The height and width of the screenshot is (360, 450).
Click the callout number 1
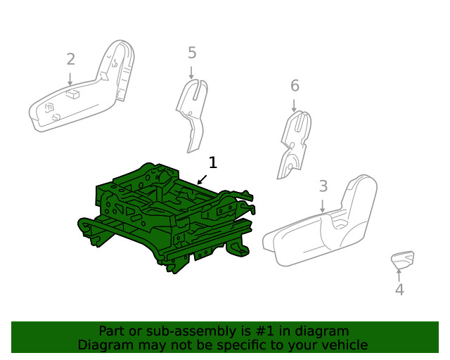pos(212,162)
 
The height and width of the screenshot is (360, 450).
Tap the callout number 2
pos(70,59)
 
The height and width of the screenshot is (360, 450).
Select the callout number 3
pos(323,186)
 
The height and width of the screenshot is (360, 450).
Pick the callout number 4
pos(399,289)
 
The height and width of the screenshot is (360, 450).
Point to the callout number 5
pos(192,53)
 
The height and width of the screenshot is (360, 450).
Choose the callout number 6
pos(295,86)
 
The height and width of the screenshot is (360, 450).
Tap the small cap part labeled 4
pos(402,259)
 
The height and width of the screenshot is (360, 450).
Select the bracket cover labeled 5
pos(191,112)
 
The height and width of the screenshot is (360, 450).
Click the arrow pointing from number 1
pos(202,179)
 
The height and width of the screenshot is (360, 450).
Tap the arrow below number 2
pos(70,79)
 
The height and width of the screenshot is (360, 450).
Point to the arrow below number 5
pos(191,71)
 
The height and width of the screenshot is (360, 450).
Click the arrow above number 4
pos(399,274)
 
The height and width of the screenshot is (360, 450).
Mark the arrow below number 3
pos(323,205)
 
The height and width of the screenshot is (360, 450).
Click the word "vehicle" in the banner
pos(344,345)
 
